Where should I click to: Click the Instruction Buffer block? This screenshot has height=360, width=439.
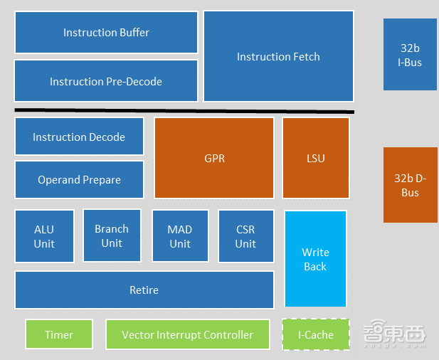click(106, 32)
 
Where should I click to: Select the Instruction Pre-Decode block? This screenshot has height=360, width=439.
click(106, 81)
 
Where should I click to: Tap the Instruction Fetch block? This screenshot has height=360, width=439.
click(278, 56)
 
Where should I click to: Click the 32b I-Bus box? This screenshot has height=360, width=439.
click(410, 55)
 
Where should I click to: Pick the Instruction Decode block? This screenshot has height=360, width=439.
click(79, 137)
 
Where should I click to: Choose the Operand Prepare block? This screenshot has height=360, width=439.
click(79, 179)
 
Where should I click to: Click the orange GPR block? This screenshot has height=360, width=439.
click(214, 158)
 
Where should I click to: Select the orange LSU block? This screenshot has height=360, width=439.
click(316, 158)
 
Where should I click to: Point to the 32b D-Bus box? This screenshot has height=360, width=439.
click(410, 185)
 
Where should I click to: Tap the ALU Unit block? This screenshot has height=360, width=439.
click(44, 236)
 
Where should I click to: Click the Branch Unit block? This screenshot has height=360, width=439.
click(112, 235)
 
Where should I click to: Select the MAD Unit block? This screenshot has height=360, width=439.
click(180, 236)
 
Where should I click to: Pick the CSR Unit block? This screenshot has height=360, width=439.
click(245, 236)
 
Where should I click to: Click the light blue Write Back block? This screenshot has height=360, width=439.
click(315, 259)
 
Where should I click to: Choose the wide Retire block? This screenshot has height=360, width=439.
click(144, 290)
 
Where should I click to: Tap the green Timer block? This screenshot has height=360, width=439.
click(59, 334)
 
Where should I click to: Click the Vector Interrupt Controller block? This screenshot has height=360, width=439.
click(188, 334)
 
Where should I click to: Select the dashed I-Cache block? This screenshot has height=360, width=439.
click(316, 334)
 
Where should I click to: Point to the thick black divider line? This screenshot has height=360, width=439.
click(184, 110)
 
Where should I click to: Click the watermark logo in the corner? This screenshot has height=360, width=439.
click(394, 336)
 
